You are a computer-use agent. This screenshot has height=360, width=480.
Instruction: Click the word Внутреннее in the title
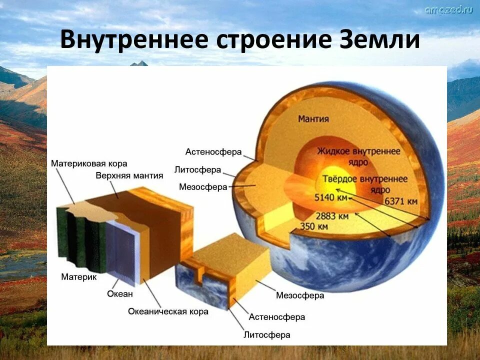click(x=134, y=40)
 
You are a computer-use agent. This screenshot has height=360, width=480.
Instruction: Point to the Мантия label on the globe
click(x=313, y=119)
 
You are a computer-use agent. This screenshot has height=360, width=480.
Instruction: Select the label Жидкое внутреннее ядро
click(x=358, y=156)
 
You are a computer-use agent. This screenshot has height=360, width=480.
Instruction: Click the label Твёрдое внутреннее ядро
click(x=358, y=184)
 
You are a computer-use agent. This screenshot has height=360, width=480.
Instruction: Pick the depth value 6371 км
click(x=401, y=201)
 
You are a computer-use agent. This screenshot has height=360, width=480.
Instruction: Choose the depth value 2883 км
click(x=332, y=216)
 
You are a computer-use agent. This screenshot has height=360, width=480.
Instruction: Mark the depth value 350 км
click(x=313, y=226)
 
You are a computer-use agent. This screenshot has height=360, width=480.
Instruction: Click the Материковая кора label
click(x=89, y=163)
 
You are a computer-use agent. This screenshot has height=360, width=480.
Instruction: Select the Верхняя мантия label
click(x=129, y=175)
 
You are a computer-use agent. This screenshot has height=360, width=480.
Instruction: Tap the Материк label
click(x=78, y=276)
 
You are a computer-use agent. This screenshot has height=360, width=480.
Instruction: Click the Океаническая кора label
click(x=168, y=311)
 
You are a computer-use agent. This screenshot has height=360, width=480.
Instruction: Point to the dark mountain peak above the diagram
click(x=139, y=63)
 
